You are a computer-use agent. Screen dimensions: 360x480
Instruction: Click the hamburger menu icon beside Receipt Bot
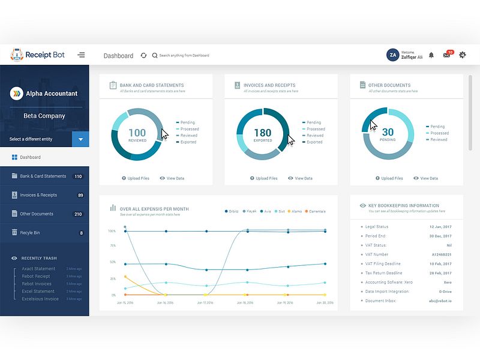coord(82,55)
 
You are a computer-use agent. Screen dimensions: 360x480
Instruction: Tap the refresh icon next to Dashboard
coord(143,55)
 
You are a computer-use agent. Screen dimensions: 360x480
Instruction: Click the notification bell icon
coord(431,55)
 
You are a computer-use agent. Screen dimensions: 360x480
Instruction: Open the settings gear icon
coord(462,55)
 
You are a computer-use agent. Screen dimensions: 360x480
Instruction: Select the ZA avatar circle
coord(393,55)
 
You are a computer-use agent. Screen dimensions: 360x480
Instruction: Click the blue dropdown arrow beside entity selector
coord(80,139)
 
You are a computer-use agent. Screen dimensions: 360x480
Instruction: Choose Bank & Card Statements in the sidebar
coord(43,176)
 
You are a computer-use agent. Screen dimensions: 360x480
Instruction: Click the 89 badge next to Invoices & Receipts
coord(80,195)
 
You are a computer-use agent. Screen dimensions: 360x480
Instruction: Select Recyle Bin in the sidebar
coord(31,233)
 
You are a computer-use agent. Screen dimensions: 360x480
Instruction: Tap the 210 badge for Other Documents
coord(78,214)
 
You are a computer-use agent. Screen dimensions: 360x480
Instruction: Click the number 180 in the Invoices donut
coord(262,133)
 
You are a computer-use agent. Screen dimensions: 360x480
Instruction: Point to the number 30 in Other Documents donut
coord(388,132)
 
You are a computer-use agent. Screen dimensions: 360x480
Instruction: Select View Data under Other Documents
coord(428,178)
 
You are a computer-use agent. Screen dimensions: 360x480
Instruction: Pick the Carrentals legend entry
coord(316,211)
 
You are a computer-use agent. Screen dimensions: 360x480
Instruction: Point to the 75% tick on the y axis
coord(112,245)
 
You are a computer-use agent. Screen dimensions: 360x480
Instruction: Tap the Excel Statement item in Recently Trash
coord(38,292)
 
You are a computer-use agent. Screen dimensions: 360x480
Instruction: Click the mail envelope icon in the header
coord(446,55)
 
